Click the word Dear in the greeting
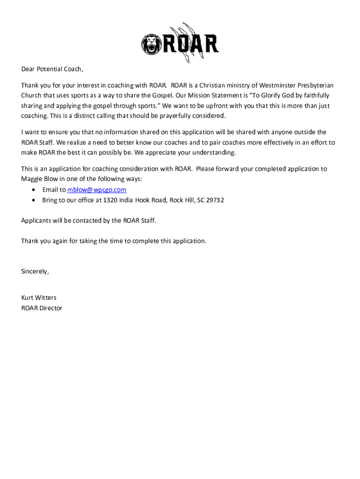pos(28,69)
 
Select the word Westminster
pos(271,85)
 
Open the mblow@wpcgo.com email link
pos(97,189)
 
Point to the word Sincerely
pos(35,271)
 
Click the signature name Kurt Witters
pos(39,298)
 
